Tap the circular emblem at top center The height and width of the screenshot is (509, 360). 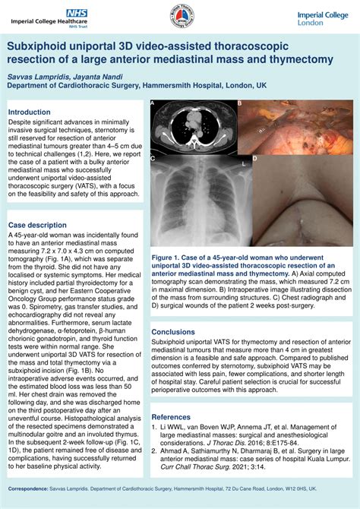tap(179, 17)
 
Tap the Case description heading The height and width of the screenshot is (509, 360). tap(37, 226)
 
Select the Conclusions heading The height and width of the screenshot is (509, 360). tap(173, 332)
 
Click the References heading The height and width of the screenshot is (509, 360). tap(171, 417)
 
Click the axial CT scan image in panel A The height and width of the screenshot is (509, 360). tap(193, 127)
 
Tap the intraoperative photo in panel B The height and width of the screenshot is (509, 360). tap(294, 127)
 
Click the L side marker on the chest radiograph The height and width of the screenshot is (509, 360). tap(243, 163)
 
